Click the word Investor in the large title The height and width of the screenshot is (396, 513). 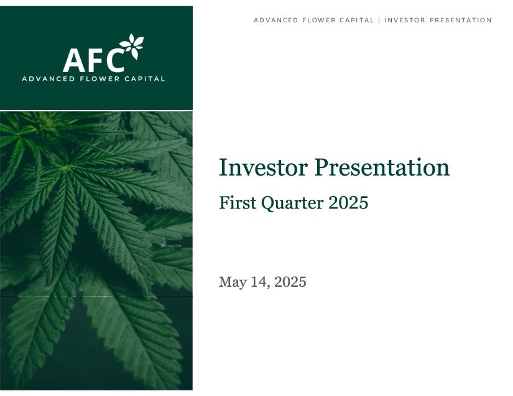(264, 167)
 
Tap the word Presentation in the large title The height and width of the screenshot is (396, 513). (382, 167)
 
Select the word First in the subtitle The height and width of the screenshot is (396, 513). (238, 202)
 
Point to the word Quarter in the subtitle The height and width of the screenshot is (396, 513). (292, 203)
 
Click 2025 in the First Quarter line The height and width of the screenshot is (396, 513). (348, 202)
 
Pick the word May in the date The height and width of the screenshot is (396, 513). (233, 282)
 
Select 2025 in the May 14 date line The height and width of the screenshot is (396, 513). (290, 282)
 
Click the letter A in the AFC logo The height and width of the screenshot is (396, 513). (74, 60)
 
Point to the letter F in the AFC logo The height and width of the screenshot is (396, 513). (95, 60)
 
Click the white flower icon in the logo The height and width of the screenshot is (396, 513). (132, 47)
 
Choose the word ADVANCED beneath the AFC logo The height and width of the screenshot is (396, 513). (49, 79)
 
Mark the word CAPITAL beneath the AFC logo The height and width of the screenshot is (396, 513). (145, 79)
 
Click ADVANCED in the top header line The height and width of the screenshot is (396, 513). (276, 20)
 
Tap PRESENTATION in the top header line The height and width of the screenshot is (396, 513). (461, 20)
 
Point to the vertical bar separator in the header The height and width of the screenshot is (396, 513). (379, 20)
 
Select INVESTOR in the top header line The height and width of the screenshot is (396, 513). (405, 20)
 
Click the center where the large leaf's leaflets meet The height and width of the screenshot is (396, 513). (65, 169)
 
